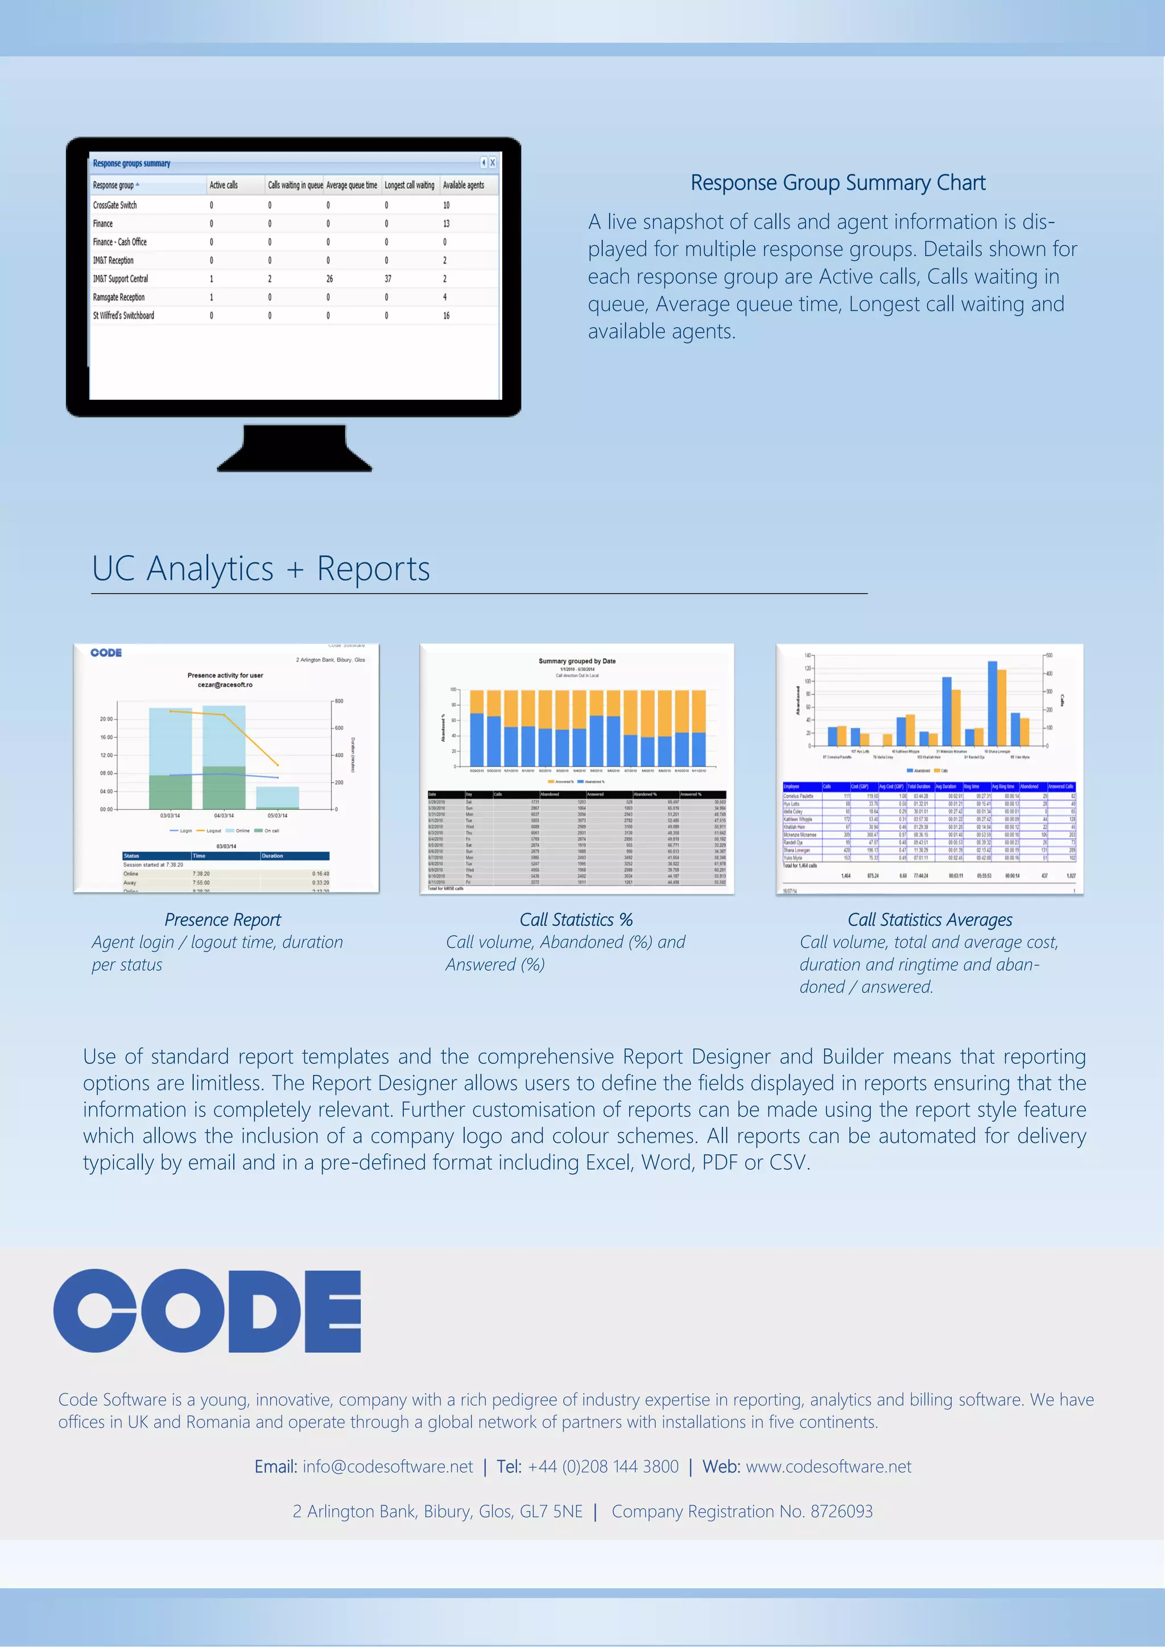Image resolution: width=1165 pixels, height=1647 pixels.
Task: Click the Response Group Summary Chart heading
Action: [837, 183]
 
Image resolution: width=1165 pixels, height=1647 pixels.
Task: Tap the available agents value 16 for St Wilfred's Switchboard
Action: [445, 316]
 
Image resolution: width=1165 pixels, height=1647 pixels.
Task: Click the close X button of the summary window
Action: [492, 163]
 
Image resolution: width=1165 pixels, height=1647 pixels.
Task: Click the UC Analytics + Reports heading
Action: [261, 569]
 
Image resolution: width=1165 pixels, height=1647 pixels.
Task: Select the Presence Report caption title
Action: [222, 920]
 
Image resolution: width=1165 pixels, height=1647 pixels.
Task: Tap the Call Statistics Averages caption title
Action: [929, 920]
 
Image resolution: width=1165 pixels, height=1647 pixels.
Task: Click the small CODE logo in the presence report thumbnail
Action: [106, 653]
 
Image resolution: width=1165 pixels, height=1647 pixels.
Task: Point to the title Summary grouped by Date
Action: [577, 661]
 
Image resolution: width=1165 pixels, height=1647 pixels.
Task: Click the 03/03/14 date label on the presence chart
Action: [170, 816]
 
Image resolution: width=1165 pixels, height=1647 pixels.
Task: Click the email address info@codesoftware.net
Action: [387, 1466]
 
